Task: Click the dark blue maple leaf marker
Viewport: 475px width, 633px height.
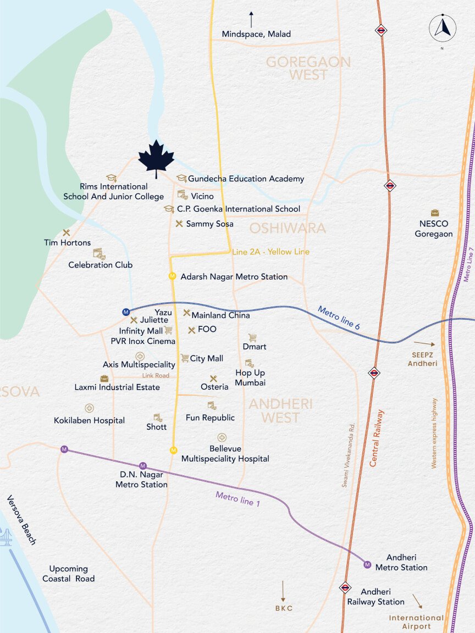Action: pyautogui.click(x=156, y=158)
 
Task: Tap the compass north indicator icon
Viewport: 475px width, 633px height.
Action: pyautogui.click(x=443, y=28)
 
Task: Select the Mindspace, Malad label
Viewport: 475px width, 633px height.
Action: pyautogui.click(x=256, y=34)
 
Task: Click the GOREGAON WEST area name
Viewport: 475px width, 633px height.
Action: pyautogui.click(x=308, y=68)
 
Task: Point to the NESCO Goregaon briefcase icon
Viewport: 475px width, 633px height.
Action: pyautogui.click(x=435, y=213)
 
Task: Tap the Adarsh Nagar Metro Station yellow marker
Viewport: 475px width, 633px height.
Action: pyautogui.click(x=172, y=276)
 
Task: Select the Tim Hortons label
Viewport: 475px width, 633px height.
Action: pyautogui.click(x=67, y=242)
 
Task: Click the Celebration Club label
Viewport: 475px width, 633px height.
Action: pyautogui.click(x=100, y=265)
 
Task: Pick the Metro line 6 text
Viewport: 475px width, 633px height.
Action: pyautogui.click(x=339, y=318)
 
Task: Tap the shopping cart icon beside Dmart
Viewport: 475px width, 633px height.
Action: pyautogui.click(x=252, y=337)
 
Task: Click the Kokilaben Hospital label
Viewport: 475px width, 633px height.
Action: pyautogui.click(x=89, y=420)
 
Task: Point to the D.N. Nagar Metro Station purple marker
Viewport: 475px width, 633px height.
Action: pyautogui.click(x=143, y=466)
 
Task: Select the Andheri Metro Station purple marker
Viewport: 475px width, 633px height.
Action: pyautogui.click(x=367, y=564)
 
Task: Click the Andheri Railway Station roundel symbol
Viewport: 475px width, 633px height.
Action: pyautogui.click(x=345, y=587)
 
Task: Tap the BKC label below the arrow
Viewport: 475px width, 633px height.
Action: pyautogui.click(x=284, y=608)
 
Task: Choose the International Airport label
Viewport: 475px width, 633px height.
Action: pyautogui.click(x=416, y=621)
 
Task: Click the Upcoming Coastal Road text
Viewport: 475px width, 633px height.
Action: pyautogui.click(x=69, y=574)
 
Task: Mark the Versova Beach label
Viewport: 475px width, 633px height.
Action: pyautogui.click(x=21, y=520)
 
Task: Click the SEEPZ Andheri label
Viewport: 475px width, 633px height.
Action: pyautogui.click(x=423, y=359)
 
